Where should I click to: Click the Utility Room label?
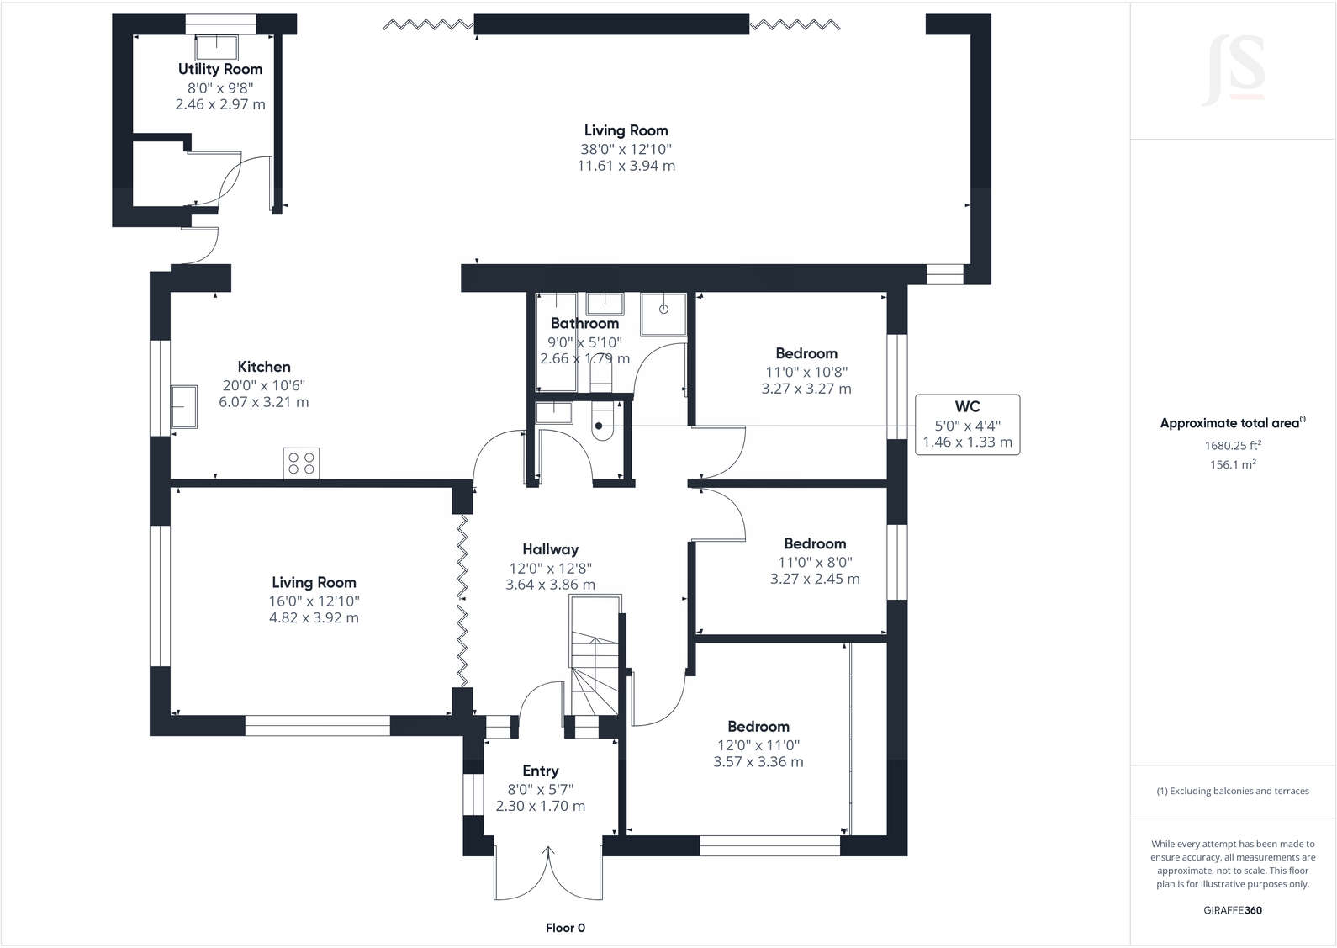(219, 69)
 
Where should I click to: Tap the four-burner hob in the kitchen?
(301, 463)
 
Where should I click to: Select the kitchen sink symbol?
(183, 407)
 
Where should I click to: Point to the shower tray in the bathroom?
(663, 314)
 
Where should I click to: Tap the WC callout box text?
(967, 424)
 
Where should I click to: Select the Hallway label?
(550, 549)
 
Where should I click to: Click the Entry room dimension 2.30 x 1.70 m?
(540, 806)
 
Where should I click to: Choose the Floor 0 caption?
(565, 928)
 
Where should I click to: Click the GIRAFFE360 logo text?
(1233, 910)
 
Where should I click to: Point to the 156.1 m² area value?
(1233, 464)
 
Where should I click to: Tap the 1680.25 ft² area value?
(1233, 446)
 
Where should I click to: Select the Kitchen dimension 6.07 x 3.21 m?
(263, 402)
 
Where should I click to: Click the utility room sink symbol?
(223, 46)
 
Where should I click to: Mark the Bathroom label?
(584, 323)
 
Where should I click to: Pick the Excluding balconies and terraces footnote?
(1233, 791)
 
